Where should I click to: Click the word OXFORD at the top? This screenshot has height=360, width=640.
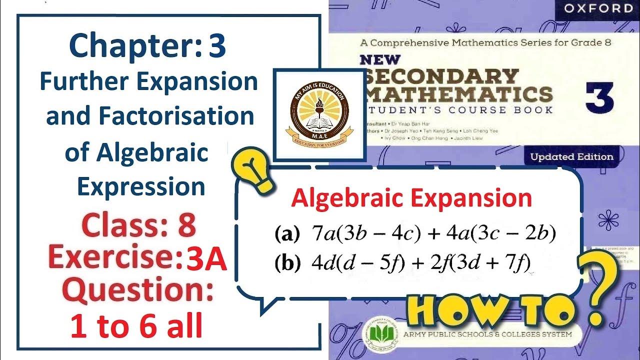coord(592,8)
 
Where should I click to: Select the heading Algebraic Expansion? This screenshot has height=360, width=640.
coord(411,198)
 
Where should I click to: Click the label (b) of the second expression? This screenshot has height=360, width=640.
coord(285,263)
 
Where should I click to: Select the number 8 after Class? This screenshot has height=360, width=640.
coord(186,226)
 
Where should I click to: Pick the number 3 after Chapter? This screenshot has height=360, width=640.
coord(217,46)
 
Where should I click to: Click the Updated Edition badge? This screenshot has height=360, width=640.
coord(571,156)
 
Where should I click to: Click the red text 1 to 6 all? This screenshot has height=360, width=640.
coord(136,327)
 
